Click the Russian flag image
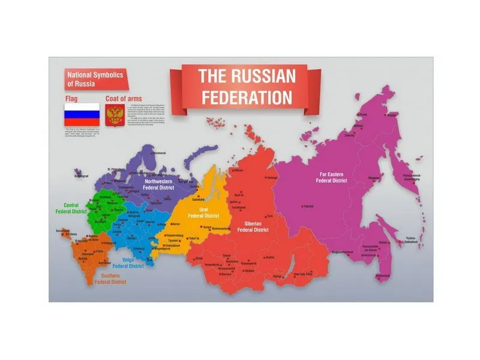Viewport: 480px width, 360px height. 82,114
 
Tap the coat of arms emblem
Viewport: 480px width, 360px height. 114,114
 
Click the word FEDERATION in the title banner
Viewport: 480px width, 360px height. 247,97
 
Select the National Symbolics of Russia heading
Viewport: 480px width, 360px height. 95,79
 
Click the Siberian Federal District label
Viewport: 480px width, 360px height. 252,226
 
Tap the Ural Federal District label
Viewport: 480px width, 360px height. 203,212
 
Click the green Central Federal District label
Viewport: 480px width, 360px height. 71,208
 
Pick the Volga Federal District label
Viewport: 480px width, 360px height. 133,263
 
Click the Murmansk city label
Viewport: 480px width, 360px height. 158,154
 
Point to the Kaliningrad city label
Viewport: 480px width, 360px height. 81,176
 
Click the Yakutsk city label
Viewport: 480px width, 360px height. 308,206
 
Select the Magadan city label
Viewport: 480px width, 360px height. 374,178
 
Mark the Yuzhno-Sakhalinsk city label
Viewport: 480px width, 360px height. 410,240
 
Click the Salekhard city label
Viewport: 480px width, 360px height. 197,199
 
